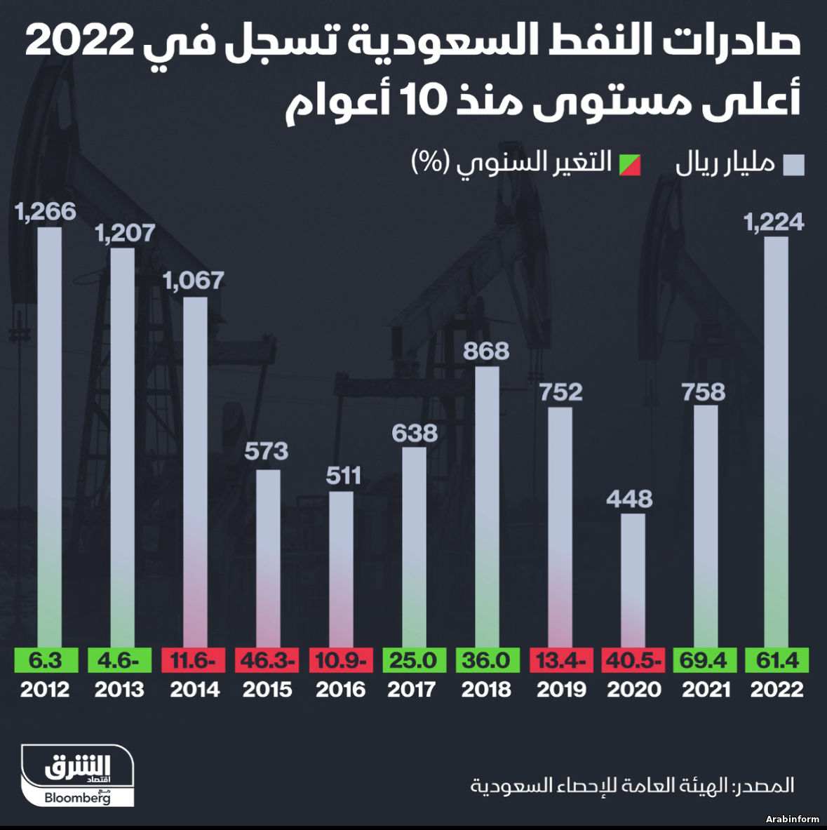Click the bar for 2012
(49, 435)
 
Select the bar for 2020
(633, 579)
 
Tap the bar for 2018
(487, 505)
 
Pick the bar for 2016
(341, 568)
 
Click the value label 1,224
(774, 222)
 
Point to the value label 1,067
(194, 281)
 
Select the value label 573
(267, 450)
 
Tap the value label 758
(704, 391)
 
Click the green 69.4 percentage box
(705, 660)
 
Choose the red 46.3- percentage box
(267, 660)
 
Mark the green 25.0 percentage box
(413, 660)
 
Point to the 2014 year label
(195, 689)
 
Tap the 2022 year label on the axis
(776, 689)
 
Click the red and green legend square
(629, 164)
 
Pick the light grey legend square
(794, 164)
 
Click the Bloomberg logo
(77, 797)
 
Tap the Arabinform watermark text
(792, 819)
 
